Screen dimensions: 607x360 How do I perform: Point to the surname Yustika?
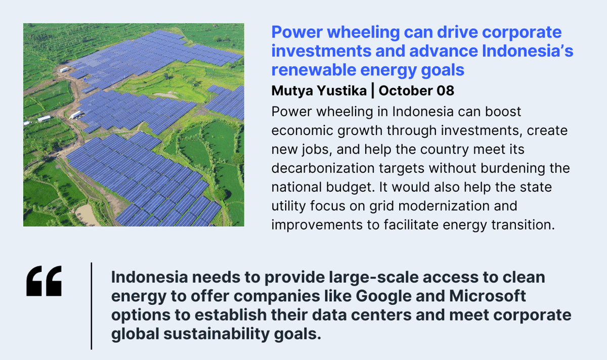(x=342, y=91)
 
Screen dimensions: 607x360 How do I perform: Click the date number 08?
(x=445, y=91)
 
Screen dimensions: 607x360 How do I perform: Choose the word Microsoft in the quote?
(x=488, y=296)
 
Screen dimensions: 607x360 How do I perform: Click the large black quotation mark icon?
(x=44, y=281)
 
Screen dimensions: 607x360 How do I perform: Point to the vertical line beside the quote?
(x=92, y=306)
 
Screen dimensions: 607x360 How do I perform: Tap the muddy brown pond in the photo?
(x=86, y=215)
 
